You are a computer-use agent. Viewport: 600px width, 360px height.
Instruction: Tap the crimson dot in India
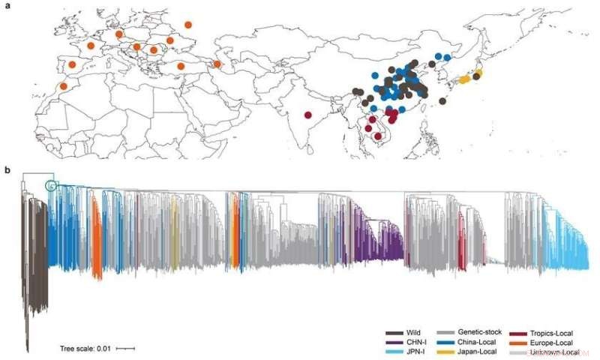308,115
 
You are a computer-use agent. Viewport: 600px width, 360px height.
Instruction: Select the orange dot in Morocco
63,86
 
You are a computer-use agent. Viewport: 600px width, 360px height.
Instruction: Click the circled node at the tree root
51,185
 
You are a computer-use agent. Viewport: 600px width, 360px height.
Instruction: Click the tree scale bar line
125,348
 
